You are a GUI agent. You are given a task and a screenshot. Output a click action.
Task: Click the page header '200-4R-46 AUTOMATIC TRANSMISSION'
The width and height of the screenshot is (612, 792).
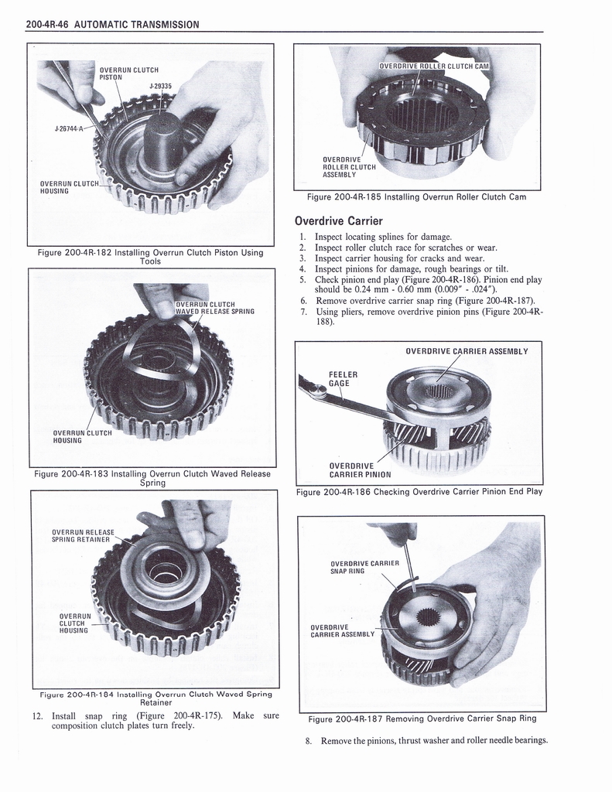(112, 24)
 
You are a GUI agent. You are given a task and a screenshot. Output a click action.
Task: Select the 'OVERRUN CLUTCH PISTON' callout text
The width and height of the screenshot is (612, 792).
(128, 73)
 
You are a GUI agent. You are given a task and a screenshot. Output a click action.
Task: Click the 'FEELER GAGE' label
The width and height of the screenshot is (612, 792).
(340, 377)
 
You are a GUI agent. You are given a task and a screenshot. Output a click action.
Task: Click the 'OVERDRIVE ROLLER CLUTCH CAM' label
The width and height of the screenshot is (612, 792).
(434, 66)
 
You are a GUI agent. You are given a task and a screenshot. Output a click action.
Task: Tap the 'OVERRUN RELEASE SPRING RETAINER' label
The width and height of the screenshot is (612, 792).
(83, 535)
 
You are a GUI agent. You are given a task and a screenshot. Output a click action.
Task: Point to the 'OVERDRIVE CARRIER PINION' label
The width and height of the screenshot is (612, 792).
(360, 470)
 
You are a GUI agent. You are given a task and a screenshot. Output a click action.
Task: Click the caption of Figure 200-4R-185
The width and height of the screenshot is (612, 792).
(416, 196)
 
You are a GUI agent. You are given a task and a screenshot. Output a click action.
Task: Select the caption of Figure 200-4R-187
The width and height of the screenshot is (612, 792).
(422, 719)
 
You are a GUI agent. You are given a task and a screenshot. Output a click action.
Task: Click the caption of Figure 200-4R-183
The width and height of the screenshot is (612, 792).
(152, 478)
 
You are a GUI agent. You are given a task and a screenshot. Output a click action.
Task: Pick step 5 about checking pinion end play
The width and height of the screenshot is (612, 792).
(422, 285)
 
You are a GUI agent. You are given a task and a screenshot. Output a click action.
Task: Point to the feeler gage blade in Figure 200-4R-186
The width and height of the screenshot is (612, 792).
(364, 405)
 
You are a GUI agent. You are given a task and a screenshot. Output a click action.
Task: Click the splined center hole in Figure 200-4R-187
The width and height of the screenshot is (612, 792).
(427, 616)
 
